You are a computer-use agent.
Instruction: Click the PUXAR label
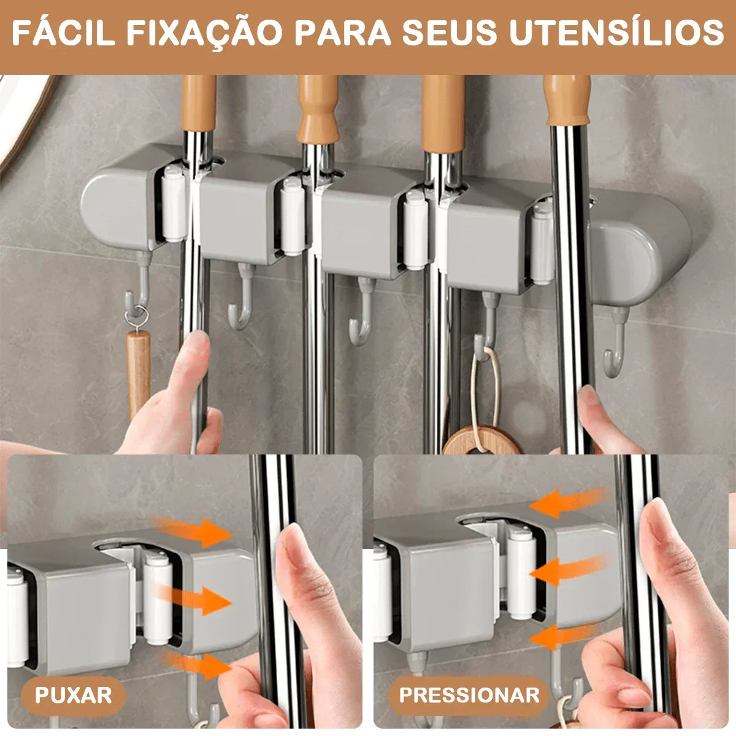[x=73, y=696]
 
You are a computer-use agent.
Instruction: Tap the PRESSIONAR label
[x=469, y=695]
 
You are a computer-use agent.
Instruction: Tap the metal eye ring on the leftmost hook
[x=137, y=318]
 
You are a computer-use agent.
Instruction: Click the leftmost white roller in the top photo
[x=174, y=205]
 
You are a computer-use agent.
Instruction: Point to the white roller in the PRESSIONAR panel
[x=521, y=573]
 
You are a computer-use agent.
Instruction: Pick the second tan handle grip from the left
[x=318, y=110]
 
